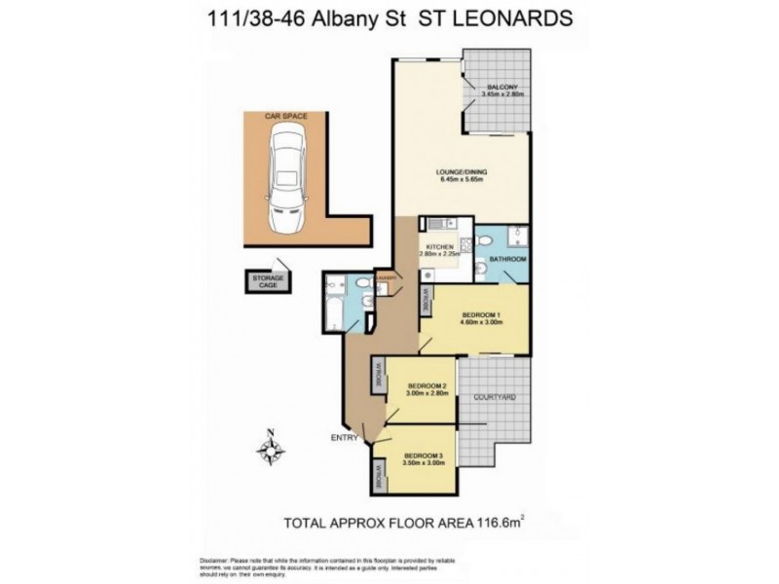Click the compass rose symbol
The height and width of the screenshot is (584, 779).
pos(271,450)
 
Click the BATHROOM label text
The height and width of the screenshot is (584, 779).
pos(507,260)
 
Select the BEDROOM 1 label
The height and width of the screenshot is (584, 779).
pos(481,317)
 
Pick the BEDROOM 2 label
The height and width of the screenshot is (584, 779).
pos(425,386)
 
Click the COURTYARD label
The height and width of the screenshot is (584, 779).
pos(494,399)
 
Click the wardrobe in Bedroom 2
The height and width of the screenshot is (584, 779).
pos(377,377)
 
